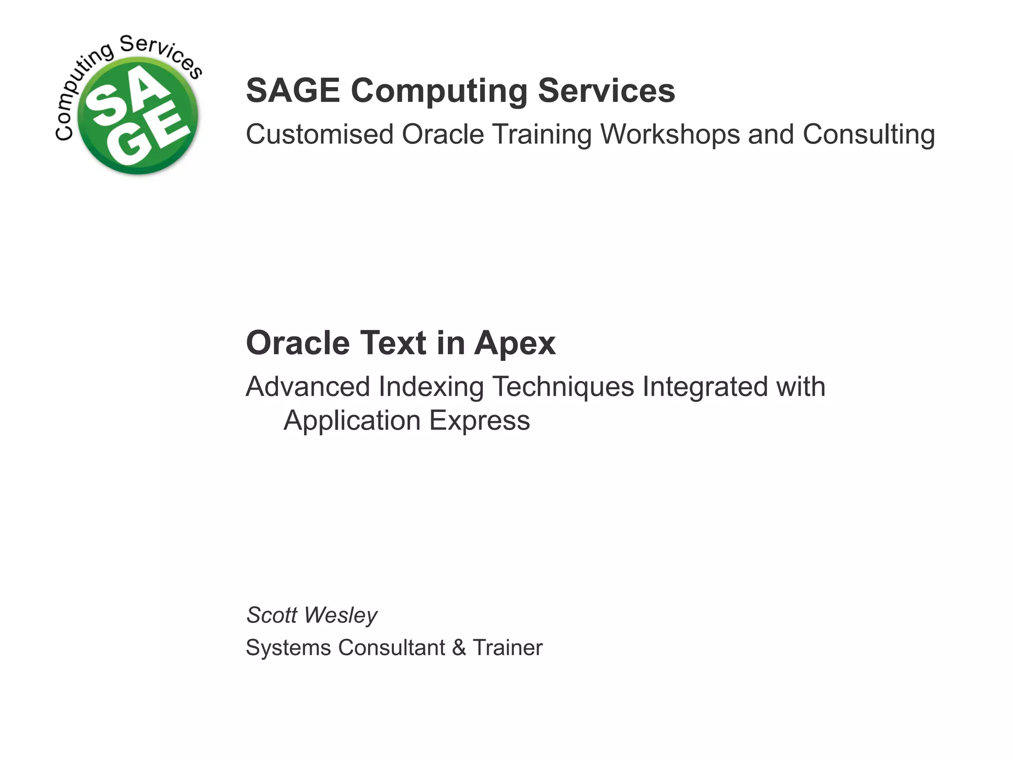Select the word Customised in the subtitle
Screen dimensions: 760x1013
(x=320, y=135)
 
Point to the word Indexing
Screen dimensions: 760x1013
(x=431, y=387)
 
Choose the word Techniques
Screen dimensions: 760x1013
(x=563, y=387)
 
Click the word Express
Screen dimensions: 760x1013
(x=479, y=421)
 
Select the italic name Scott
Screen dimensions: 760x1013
(x=272, y=615)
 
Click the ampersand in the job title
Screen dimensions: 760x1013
(x=459, y=648)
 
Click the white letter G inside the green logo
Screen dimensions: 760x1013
(x=128, y=146)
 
